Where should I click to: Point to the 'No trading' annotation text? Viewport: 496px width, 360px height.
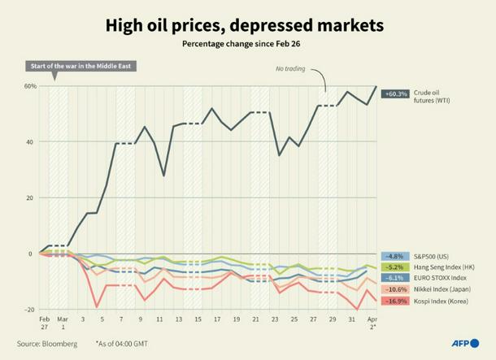click(x=289, y=70)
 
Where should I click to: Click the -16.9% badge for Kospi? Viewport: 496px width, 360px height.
click(x=397, y=300)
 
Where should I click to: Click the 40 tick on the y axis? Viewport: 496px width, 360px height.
click(x=32, y=142)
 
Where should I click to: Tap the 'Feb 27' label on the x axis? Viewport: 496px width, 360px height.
click(x=44, y=323)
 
